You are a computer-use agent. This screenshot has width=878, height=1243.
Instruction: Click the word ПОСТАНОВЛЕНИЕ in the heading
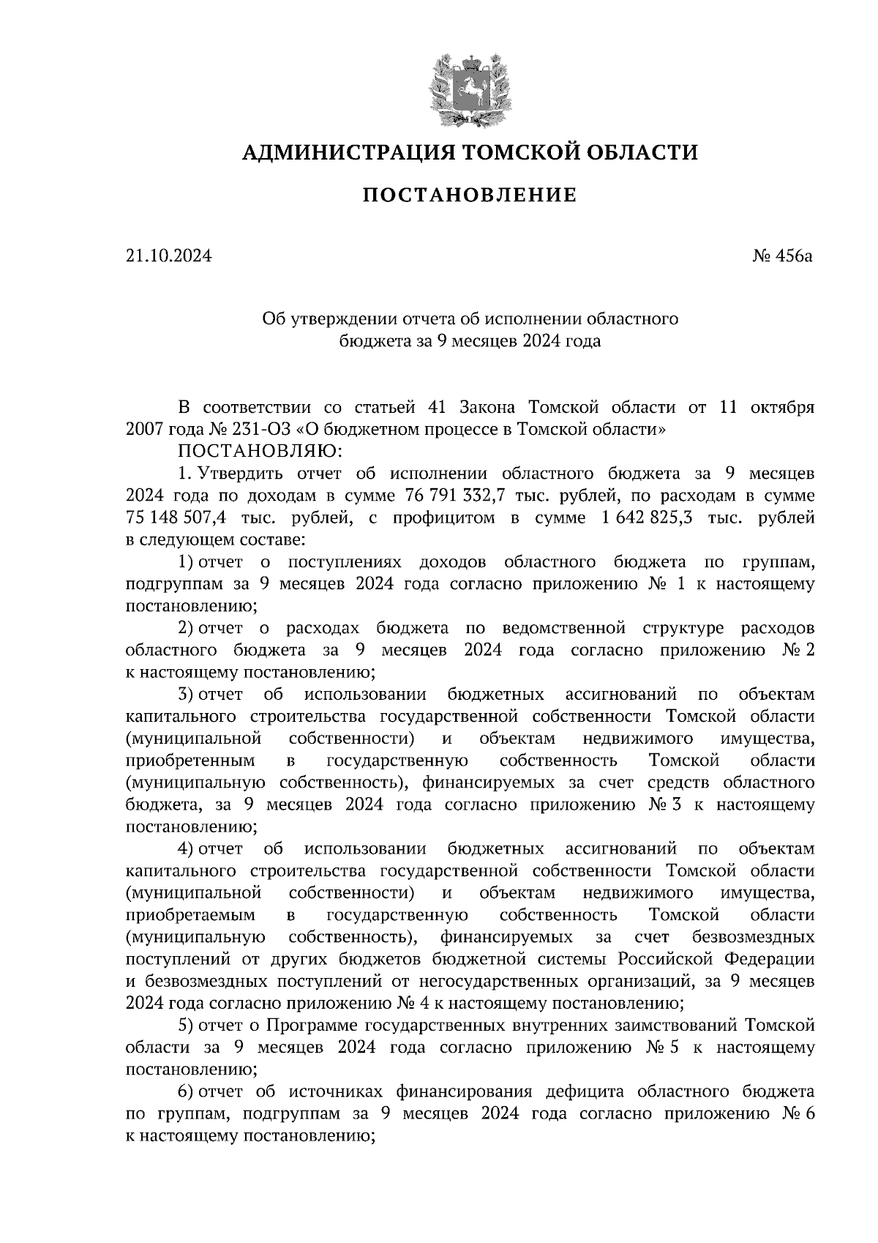pyautogui.click(x=470, y=195)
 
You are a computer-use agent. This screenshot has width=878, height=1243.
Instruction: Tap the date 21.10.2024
pyautogui.click(x=168, y=256)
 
